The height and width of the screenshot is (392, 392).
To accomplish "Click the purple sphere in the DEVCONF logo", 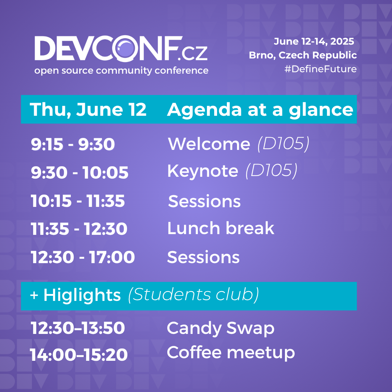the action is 126,49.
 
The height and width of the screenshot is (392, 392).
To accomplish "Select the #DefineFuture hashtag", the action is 320,69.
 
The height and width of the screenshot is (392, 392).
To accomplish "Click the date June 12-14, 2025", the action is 314,41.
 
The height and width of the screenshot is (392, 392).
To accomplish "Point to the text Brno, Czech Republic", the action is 303,55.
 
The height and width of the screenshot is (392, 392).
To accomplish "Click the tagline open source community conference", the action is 121,71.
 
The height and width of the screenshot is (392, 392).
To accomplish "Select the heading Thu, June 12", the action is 88,110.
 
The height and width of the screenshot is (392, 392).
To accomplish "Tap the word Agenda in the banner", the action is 204,110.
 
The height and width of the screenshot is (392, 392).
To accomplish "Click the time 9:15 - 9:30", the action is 73,144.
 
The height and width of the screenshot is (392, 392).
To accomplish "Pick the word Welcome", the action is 209,144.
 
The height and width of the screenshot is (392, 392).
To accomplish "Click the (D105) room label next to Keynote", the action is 271,171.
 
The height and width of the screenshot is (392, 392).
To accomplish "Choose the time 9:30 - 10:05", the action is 79,172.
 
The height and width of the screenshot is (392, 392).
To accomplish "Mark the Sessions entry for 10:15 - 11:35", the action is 204,201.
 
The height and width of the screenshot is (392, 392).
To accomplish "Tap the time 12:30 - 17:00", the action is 83,257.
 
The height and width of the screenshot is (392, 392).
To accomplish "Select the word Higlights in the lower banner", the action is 82,295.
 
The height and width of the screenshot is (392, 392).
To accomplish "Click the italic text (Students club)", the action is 193,295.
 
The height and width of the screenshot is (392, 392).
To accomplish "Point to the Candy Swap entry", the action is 221,328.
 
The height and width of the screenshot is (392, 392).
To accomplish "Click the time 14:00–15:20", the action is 79,355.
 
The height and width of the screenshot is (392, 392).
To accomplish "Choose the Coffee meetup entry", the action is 231,353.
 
